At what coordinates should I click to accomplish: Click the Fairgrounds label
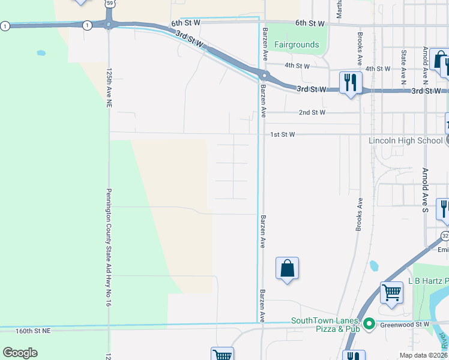point(296,44)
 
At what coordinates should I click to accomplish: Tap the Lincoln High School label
point(405,140)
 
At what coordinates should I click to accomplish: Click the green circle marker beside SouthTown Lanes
point(370,325)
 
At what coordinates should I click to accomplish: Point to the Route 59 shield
point(109,3)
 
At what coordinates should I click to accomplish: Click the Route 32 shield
point(445,235)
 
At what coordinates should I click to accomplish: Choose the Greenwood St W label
point(407,325)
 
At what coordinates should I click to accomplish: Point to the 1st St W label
point(282,134)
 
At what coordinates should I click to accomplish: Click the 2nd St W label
point(312,112)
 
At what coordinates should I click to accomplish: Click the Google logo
point(20,353)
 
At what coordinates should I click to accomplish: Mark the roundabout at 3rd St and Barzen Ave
point(264,76)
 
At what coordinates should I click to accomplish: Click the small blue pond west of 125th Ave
point(41,53)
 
